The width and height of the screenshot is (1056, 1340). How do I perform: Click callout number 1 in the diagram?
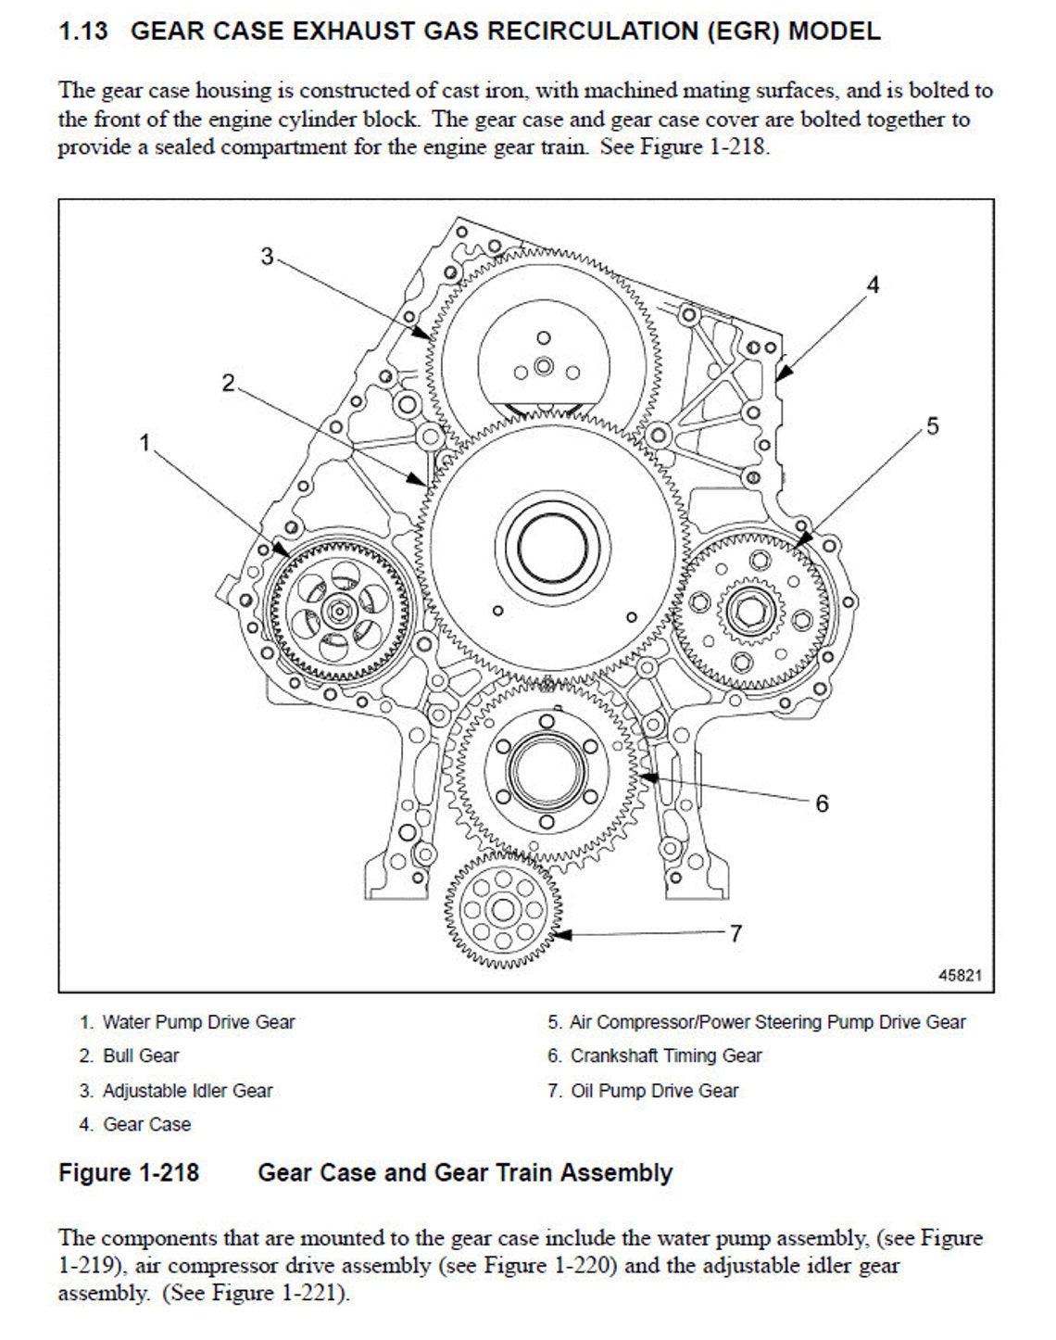(x=145, y=443)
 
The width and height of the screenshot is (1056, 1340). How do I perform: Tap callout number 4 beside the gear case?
(x=872, y=284)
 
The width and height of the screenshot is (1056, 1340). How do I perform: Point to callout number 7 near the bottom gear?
(x=735, y=933)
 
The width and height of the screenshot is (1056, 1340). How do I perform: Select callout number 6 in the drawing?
(x=822, y=803)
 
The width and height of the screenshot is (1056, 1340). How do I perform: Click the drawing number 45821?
(x=960, y=976)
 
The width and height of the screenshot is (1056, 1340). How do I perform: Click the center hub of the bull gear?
(x=553, y=548)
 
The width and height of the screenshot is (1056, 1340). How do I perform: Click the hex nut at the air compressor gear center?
(x=746, y=612)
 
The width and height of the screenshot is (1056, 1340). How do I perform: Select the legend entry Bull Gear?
(x=141, y=1056)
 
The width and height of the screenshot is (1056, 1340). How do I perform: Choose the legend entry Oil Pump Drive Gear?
(x=654, y=1091)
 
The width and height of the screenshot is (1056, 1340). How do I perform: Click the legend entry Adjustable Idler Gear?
(x=187, y=1091)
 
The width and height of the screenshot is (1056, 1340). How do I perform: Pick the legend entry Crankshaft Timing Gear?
(x=665, y=1056)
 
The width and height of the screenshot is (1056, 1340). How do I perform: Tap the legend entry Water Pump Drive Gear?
(x=198, y=1022)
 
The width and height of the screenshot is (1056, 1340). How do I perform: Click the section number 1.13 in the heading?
(x=82, y=32)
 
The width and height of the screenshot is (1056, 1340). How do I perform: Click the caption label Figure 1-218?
(x=129, y=1173)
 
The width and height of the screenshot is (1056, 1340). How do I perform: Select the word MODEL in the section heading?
(x=834, y=32)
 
